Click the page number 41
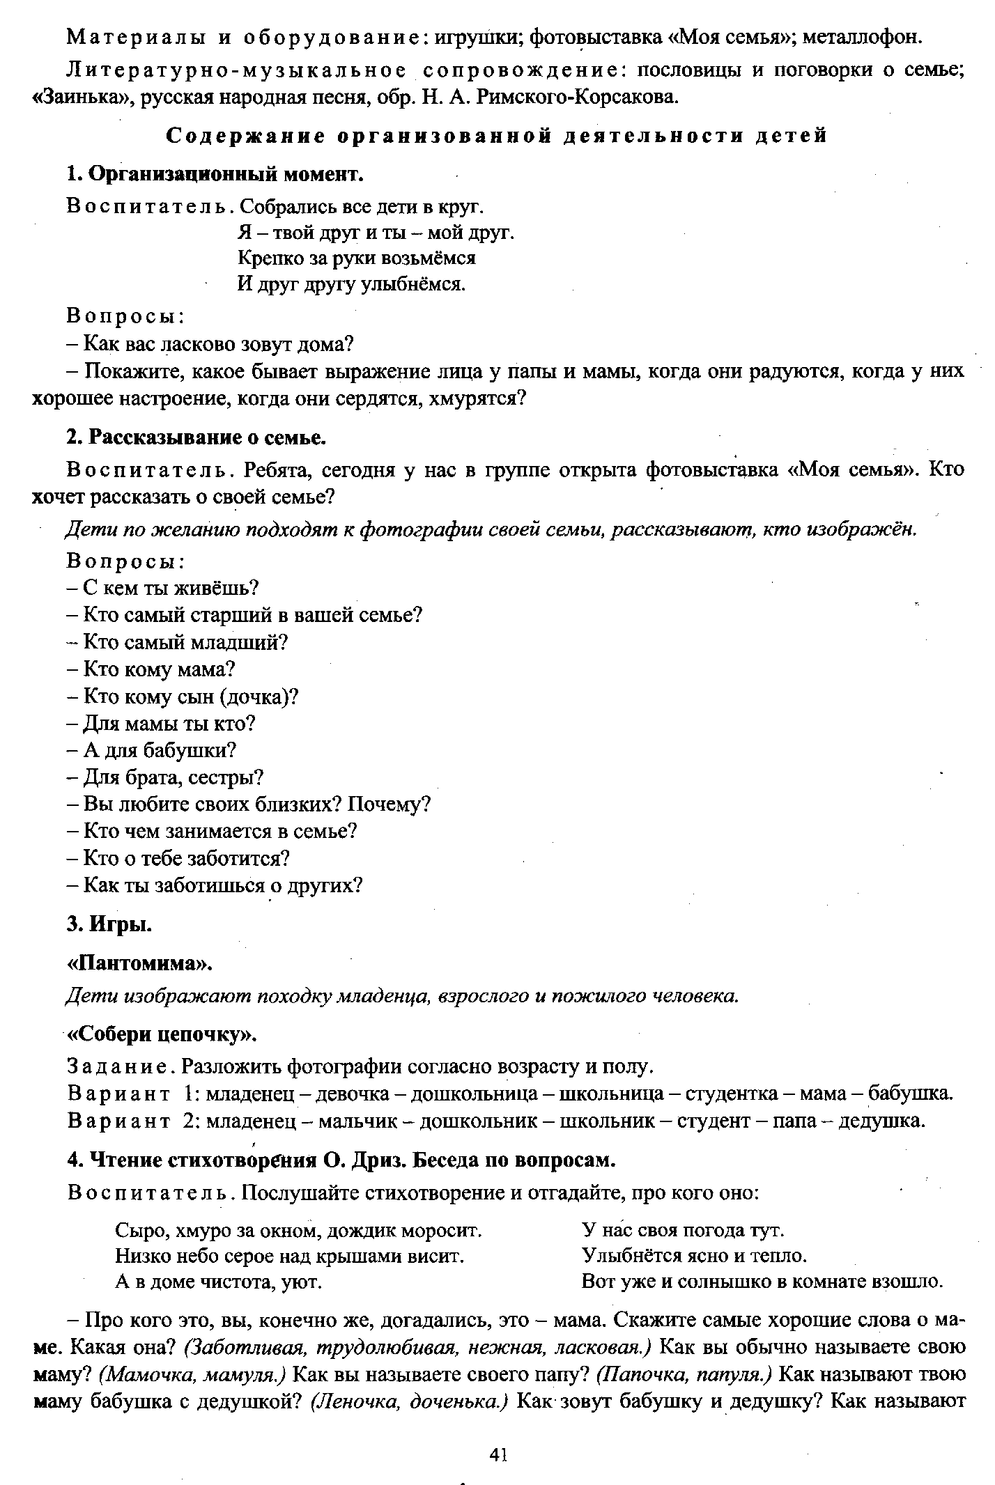click(x=497, y=1454)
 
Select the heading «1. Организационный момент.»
click(x=216, y=173)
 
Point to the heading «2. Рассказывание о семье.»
click(x=197, y=437)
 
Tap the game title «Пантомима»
click(x=139, y=963)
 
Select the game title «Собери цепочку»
click(x=162, y=1034)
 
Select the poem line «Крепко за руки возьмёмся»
click(x=357, y=258)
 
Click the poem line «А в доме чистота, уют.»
click(x=218, y=1281)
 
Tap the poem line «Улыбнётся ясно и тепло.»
click(x=694, y=1255)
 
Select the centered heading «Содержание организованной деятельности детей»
click(x=497, y=136)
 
